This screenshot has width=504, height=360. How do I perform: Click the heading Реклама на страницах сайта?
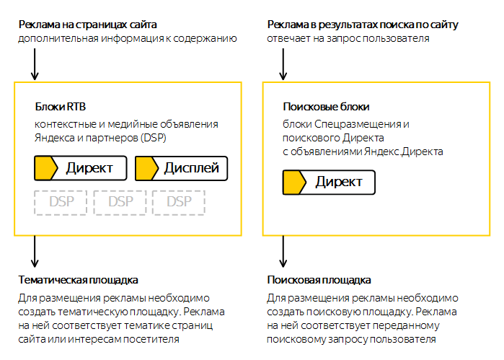[87, 25]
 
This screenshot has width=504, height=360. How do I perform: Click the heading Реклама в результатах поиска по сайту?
[363, 25]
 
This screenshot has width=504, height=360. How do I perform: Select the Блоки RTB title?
[61, 107]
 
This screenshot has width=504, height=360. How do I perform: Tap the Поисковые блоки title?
[326, 107]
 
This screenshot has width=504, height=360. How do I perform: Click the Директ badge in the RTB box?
[80, 168]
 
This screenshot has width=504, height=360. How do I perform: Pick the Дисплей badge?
[181, 168]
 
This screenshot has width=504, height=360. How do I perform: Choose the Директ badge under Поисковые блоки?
[329, 182]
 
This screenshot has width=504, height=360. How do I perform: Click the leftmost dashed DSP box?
[61, 202]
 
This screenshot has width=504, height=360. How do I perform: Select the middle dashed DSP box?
[120, 202]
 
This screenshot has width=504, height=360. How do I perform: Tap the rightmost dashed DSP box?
[179, 202]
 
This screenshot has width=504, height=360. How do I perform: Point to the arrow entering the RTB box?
[35, 64]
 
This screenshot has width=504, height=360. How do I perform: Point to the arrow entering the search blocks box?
[283, 64]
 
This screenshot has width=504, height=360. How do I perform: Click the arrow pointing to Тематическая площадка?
[35, 251]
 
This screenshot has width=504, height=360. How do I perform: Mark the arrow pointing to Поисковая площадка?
[283, 251]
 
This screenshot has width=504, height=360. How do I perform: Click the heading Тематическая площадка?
[78, 280]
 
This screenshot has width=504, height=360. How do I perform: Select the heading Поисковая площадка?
[319, 280]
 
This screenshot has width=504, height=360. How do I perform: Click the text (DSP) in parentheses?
[153, 138]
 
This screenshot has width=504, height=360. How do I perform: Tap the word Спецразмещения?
[357, 124]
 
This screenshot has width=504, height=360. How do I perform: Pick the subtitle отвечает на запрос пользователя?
[348, 39]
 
